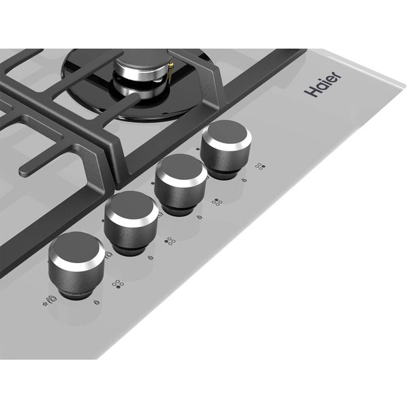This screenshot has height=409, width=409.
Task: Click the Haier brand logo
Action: (x=322, y=84)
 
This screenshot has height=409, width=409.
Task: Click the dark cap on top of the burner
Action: (x=141, y=62)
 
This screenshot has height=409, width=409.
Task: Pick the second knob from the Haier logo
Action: (x=180, y=184)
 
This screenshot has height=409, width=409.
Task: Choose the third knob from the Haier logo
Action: (x=131, y=222)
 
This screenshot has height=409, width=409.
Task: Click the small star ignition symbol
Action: (x=45, y=304)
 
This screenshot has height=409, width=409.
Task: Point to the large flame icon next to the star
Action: (x=52, y=299)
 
